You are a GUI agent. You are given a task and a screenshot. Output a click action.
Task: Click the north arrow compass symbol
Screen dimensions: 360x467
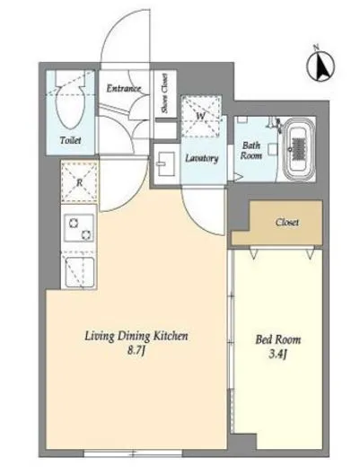tap(320, 66)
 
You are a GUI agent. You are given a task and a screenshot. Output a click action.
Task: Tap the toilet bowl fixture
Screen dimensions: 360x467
tap(71, 106)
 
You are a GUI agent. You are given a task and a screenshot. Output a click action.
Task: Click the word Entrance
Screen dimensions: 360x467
tap(124, 88)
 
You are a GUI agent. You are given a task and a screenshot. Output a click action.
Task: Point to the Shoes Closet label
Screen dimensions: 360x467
tap(164, 93)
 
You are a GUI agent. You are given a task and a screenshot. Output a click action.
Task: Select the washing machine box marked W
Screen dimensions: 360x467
tap(201, 116)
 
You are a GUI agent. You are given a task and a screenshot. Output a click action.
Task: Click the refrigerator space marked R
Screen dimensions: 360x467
tap(79, 182)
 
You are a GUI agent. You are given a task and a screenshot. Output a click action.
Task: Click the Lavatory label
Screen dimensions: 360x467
tap(202, 158)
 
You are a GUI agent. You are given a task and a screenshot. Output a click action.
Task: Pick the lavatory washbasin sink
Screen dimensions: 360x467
tap(165, 163)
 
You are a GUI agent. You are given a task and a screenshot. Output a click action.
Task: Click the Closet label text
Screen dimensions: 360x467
tap(287, 222)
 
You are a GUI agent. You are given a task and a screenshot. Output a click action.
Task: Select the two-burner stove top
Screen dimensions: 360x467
tap(79, 228)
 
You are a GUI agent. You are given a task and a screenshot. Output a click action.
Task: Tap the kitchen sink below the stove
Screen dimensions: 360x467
tap(79, 271)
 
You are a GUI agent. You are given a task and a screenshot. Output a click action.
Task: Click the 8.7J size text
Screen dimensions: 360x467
tap(136, 351)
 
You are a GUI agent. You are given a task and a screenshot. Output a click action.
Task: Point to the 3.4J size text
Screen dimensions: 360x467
tap(278, 355)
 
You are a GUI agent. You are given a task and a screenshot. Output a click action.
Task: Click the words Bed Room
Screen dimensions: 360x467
tap(278, 339)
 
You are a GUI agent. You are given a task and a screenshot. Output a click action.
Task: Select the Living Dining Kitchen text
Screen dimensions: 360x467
tap(136, 336)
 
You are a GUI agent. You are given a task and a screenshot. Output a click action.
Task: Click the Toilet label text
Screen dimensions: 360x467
tap(71, 140)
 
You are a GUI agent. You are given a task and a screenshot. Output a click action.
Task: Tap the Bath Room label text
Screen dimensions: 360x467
tap(251, 151)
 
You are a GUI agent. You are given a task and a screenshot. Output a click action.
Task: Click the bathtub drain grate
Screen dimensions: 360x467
tap(299, 148)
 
